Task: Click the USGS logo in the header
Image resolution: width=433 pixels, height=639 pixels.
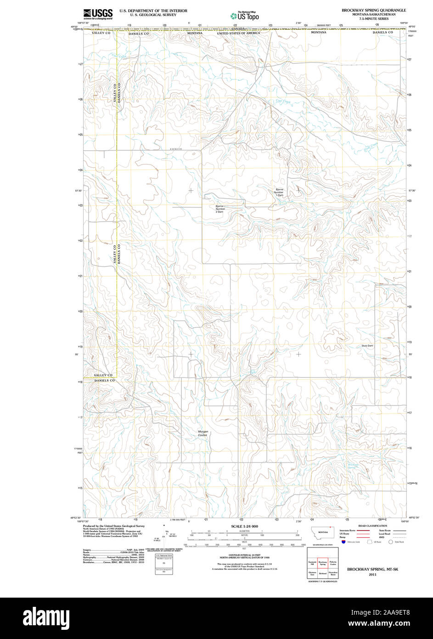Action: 98,14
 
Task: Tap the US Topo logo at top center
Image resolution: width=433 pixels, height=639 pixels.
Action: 245,16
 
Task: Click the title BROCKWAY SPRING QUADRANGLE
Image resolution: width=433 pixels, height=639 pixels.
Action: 373,10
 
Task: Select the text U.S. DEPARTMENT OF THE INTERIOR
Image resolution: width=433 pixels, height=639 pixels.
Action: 153,11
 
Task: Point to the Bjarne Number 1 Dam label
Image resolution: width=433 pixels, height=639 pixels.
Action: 279,192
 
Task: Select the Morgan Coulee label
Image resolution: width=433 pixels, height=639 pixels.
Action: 203,433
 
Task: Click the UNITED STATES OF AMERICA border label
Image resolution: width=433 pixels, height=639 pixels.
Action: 238,33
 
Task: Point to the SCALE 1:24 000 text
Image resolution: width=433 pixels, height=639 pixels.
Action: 244,526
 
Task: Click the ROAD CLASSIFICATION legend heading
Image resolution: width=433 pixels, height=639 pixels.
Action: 372,526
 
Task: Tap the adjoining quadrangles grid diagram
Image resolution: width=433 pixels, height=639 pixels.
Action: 323,565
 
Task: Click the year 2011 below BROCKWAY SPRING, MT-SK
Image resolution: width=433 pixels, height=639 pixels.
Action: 372,574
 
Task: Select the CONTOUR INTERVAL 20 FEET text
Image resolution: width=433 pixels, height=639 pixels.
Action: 244,556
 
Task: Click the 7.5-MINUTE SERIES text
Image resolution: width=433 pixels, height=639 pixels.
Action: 373,18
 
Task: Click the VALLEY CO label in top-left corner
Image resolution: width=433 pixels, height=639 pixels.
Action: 101,34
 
